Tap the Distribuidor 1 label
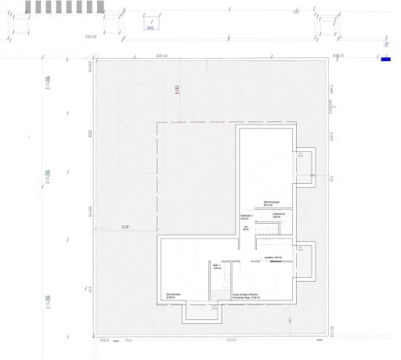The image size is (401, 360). pos(246,217)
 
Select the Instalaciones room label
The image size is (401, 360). pos(277,217)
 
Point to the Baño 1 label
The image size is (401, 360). pos(217,267)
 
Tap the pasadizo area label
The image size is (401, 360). pos(273,256)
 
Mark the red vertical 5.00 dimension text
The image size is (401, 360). pos(177,89)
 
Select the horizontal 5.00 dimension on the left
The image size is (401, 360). pos(125,228)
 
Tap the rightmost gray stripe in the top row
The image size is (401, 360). pos(99,6)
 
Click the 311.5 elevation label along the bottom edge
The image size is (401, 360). pos(231,340)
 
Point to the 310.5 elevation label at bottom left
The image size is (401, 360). pos(104,340)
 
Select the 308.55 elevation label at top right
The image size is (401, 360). pos(338,56)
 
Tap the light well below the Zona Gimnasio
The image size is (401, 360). pos(202,313)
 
